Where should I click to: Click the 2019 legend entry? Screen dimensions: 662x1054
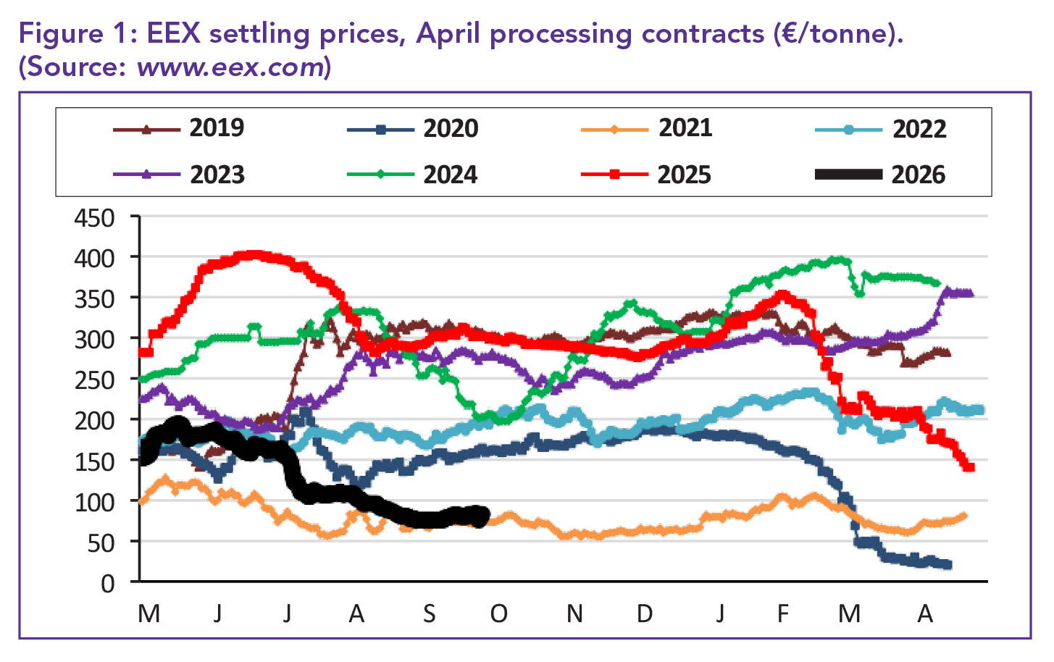(x=217, y=128)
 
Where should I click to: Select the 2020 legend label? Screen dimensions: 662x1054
(x=451, y=129)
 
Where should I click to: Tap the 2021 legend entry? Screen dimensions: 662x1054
(x=685, y=128)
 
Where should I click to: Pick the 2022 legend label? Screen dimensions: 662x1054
(x=919, y=129)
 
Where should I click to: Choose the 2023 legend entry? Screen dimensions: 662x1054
(x=217, y=175)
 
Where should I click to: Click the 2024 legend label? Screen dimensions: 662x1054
(x=451, y=175)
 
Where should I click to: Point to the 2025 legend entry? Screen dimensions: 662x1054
(x=685, y=175)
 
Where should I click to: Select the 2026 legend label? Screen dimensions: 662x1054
(x=919, y=175)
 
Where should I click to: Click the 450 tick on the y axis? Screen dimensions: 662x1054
(x=95, y=218)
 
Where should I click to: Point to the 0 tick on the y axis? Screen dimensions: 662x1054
(x=108, y=584)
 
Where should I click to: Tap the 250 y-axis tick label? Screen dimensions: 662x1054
(x=95, y=380)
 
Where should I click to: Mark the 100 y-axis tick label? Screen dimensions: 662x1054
(x=95, y=502)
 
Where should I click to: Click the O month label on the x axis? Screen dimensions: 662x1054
(x=498, y=614)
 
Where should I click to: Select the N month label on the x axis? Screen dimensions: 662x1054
(x=574, y=614)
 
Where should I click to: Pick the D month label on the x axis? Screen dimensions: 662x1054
(x=645, y=614)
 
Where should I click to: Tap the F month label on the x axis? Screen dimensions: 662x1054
(x=783, y=614)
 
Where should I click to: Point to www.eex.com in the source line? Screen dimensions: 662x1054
(x=230, y=67)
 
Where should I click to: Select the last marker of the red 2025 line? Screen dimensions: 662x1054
(x=969, y=467)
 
